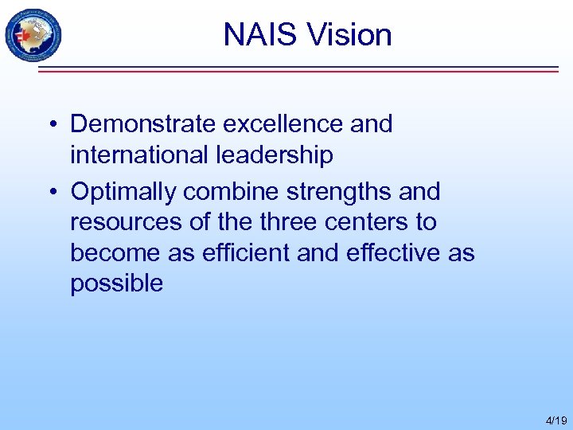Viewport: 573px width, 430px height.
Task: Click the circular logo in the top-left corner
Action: coord(33,35)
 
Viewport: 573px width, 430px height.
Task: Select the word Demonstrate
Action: coord(143,124)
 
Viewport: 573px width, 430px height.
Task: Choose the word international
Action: coord(140,155)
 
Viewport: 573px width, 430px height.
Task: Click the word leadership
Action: coord(275,155)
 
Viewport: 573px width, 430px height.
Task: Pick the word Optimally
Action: coord(124,192)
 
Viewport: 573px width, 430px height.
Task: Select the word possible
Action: coord(116,283)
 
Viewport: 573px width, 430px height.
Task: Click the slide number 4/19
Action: coord(555,420)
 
